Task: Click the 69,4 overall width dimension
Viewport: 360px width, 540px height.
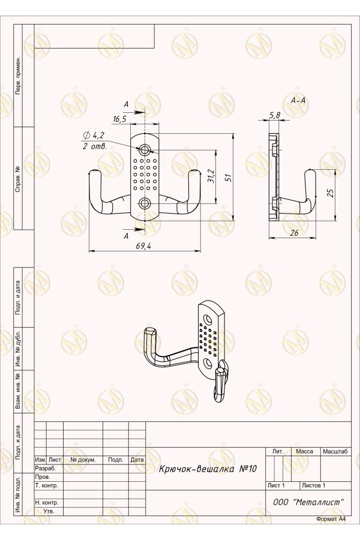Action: tap(144, 245)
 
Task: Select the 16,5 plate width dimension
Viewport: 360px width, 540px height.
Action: tap(119, 119)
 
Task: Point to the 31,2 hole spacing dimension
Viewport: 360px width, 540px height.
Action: tap(211, 176)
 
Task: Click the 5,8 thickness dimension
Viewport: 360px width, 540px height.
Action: tap(275, 115)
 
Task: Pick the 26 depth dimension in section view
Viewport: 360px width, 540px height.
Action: tap(294, 233)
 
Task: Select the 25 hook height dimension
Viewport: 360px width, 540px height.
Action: tap(331, 193)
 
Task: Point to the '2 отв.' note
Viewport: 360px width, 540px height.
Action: tap(95, 146)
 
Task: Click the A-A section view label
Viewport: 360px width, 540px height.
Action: tap(298, 101)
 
